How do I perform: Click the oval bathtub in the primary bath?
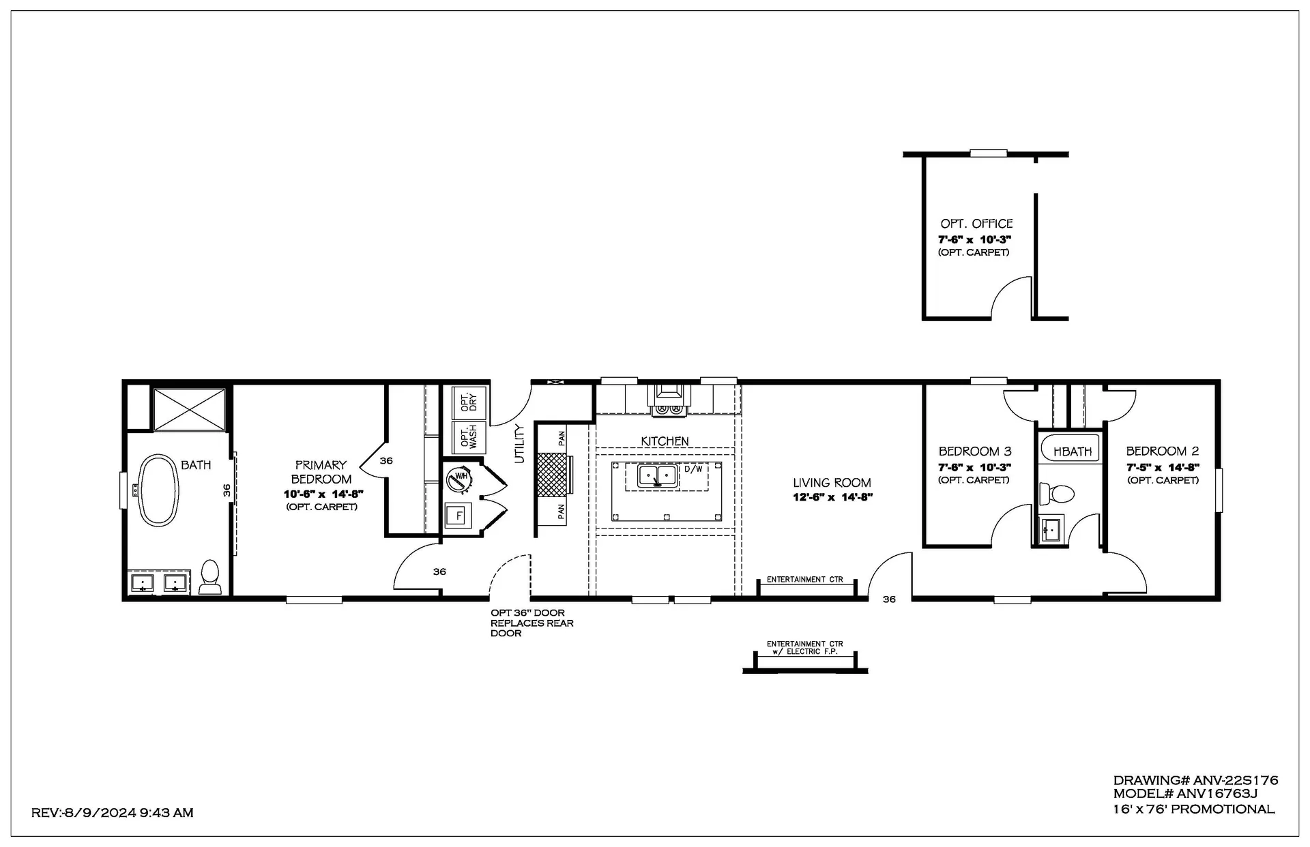point(159,490)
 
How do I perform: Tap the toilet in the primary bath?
point(209,577)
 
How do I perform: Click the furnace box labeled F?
point(458,516)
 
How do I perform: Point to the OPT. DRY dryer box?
point(469,402)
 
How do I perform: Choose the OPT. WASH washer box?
point(469,436)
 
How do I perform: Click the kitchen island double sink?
point(658,475)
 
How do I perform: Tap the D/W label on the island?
point(693,469)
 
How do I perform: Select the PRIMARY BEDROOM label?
point(321,472)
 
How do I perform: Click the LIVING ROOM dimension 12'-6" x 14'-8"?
point(832,498)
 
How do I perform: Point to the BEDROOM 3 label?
point(975,451)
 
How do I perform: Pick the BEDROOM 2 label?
point(1162,451)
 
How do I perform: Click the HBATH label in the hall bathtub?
point(1073,451)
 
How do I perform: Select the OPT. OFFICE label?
point(976,224)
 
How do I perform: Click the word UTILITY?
point(519,443)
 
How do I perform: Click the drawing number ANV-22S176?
point(1235,780)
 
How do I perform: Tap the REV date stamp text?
point(113,813)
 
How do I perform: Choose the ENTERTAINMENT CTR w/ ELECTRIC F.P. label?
point(805,648)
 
